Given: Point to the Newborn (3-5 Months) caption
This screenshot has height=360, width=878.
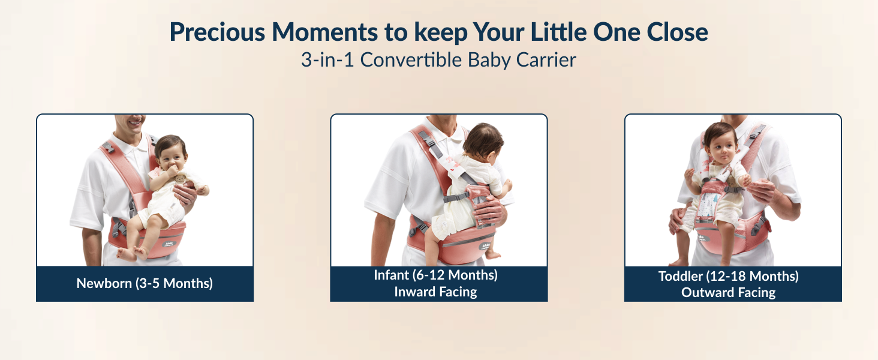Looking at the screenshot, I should (x=145, y=283).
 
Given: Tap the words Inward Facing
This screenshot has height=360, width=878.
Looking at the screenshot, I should (x=435, y=292).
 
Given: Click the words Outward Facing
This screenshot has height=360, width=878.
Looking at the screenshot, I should (x=728, y=293).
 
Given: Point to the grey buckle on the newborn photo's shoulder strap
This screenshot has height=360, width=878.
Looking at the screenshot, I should (x=108, y=148).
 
